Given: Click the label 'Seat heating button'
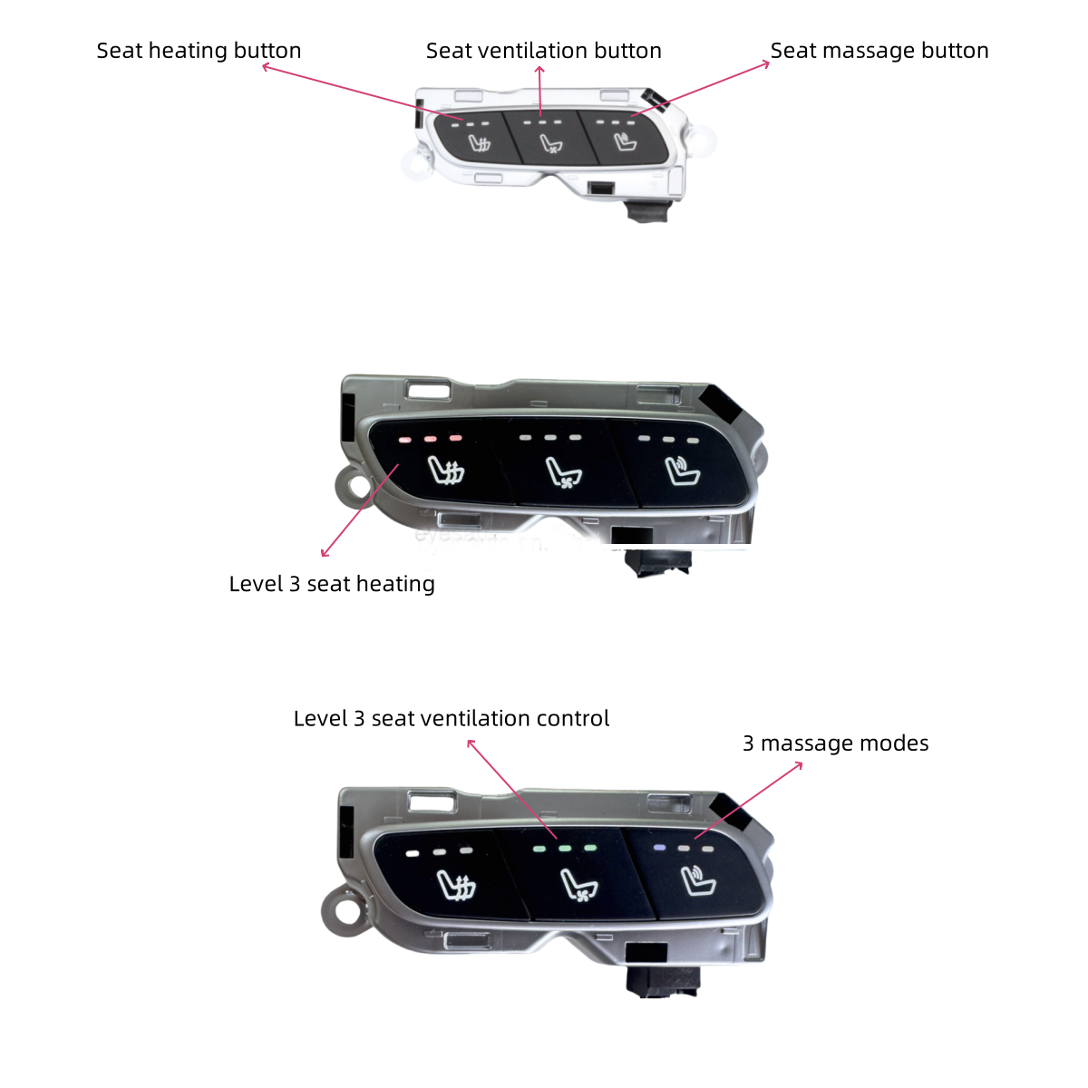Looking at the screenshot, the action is tap(199, 51).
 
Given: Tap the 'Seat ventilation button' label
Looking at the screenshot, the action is tap(543, 51).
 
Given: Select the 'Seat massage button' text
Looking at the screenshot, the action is tap(879, 51).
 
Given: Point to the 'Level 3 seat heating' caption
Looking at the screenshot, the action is tap(332, 584).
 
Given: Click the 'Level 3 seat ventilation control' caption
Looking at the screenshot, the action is tap(452, 718).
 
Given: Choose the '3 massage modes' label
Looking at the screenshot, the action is tap(835, 743).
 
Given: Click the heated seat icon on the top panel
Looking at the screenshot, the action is tap(480, 143).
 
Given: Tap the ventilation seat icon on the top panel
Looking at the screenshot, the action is tap(551, 144).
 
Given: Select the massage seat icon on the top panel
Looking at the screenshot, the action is tap(625, 141).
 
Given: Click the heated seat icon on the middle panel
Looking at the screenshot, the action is tap(446, 470).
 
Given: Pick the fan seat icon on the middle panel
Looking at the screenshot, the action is tap(563, 472).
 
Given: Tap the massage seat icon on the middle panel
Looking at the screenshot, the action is tap(682, 471).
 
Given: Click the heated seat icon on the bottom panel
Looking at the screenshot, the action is tap(457, 885).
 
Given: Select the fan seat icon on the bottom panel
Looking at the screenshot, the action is tap(578, 885).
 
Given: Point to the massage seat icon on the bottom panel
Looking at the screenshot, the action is tap(698, 881).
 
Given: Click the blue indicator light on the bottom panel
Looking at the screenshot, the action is tap(658, 848).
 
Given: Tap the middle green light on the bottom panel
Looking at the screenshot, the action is tap(565, 848).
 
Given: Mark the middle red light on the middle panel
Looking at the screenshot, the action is tap(431, 439).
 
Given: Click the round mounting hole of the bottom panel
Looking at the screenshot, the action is tap(348, 913).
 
